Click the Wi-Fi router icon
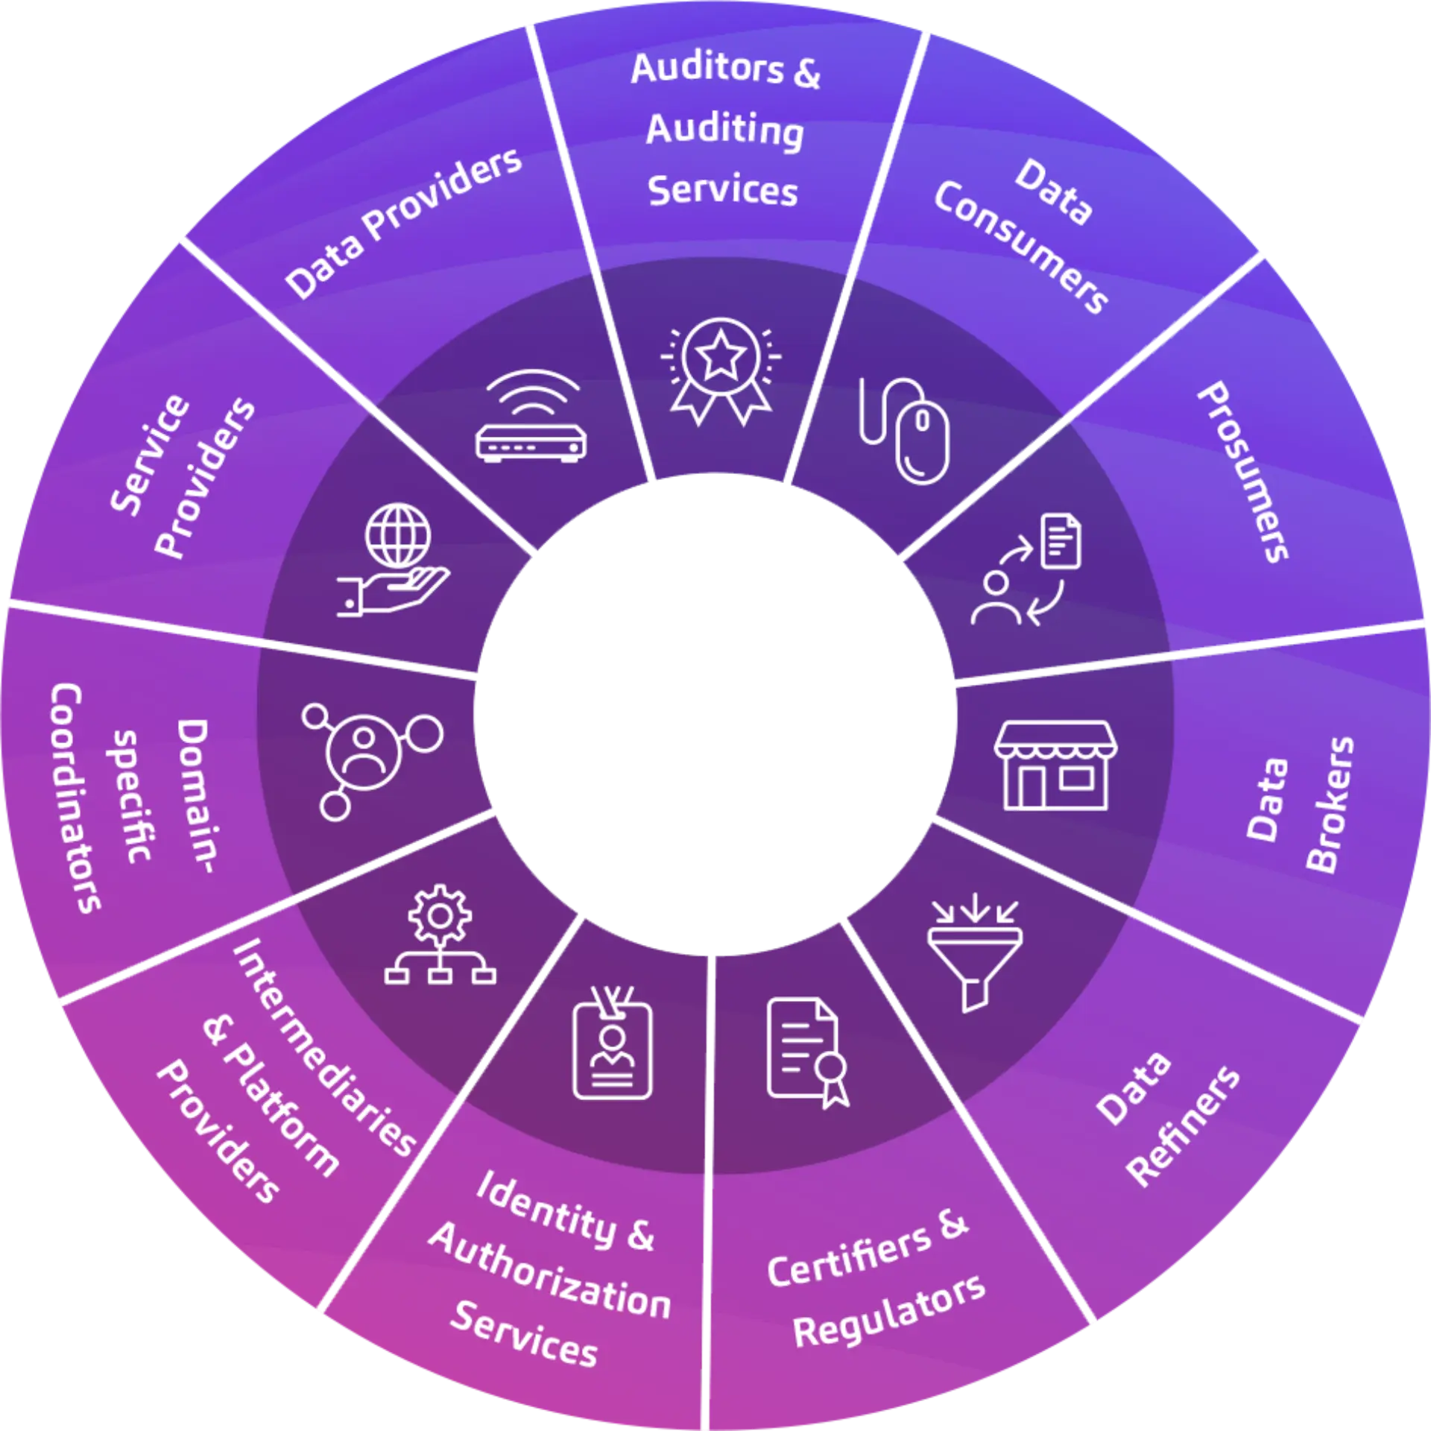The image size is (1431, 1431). (x=531, y=417)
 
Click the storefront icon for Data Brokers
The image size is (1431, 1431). (x=1055, y=765)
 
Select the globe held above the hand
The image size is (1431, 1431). (x=398, y=535)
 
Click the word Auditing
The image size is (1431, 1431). (x=724, y=130)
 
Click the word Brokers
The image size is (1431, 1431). (x=1330, y=805)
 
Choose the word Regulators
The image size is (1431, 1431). (x=889, y=1312)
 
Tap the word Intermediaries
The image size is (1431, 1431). (x=324, y=1048)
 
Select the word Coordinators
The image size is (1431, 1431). (x=76, y=797)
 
